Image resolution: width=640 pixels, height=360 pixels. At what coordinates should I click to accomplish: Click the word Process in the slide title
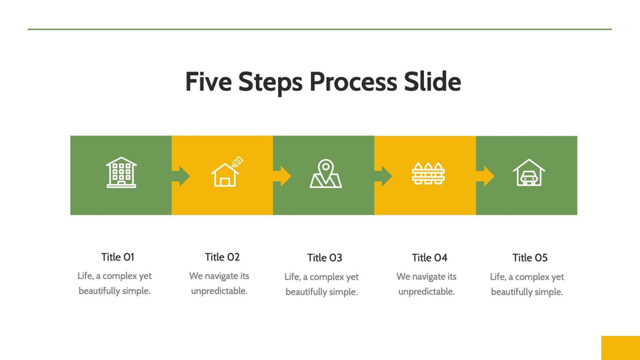[x=351, y=82]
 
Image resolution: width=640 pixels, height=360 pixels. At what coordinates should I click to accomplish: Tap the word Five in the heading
[x=210, y=82]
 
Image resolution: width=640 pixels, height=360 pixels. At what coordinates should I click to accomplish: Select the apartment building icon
[x=121, y=173]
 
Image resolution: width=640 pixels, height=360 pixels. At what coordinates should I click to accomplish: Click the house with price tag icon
[x=226, y=173]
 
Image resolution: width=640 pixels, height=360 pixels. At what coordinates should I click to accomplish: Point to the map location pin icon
[x=326, y=174]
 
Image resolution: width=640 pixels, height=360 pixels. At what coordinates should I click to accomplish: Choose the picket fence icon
[x=427, y=173]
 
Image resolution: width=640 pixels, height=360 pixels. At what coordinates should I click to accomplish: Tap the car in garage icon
[x=529, y=173]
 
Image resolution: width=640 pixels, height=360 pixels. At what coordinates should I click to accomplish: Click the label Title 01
[x=118, y=257]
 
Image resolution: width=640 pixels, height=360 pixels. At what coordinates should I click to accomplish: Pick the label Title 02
[x=222, y=257]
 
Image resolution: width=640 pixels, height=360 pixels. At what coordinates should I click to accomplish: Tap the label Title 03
[x=324, y=257]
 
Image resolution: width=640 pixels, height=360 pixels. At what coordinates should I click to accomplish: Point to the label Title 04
[x=429, y=257]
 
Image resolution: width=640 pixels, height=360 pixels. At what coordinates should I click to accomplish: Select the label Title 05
[x=530, y=257]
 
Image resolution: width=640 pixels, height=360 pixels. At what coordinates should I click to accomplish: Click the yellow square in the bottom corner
[x=620, y=348]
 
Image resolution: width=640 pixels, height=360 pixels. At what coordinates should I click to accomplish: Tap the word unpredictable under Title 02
[x=219, y=290]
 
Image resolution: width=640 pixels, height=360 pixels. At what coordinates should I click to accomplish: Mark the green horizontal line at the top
[x=319, y=29]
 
